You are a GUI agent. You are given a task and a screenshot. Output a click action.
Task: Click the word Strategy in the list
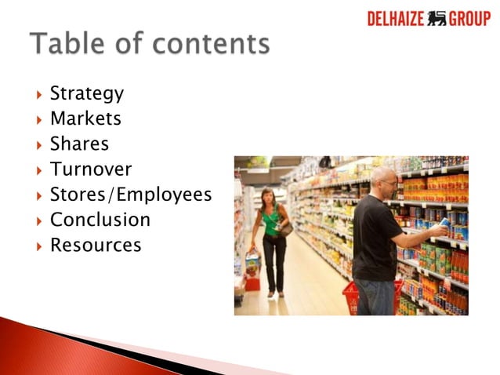(x=86, y=94)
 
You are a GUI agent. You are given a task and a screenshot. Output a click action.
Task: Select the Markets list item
(x=85, y=119)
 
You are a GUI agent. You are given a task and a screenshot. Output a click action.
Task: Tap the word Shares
(x=79, y=144)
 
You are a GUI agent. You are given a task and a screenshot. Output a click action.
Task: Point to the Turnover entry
(x=91, y=169)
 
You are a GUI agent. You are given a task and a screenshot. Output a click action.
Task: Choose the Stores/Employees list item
(x=131, y=195)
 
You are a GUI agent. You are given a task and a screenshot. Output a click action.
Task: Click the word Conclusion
(x=100, y=220)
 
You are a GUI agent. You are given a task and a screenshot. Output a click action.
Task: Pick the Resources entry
(x=96, y=245)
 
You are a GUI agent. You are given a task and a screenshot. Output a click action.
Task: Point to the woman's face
(x=269, y=195)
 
